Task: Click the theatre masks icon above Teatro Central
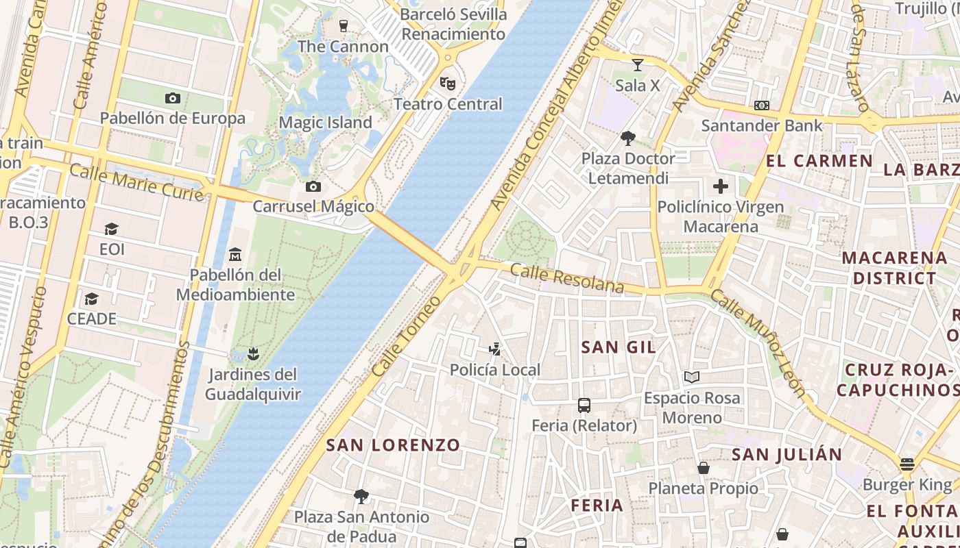pyautogui.click(x=447, y=84)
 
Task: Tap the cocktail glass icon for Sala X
pyautogui.click(x=638, y=65)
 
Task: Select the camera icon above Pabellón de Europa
pyautogui.click(x=173, y=98)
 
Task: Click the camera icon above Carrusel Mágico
pyautogui.click(x=313, y=186)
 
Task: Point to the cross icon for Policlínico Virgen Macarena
pyautogui.click(x=720, y=186)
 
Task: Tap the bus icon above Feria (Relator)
pyautogui.click(x=584, y=406)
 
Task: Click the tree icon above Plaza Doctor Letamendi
pyautogui.click(x=627, y=138)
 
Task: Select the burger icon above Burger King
pyautogui.click(x=907, y=465)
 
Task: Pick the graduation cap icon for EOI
pyautogui.click(x=111, y=229)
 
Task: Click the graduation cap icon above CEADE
pyautogui.click(x=91, y=299)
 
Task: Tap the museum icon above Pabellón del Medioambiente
pyautogui.click(x=235, y=255)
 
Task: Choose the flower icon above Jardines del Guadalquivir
pyautogui.click(x=253, y=354)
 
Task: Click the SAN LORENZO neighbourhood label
pyautogui.click(x=393, y=445)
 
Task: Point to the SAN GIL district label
pyautogui.click(x=619, y=347)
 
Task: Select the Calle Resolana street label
pyautogui.click(x=567, y=278)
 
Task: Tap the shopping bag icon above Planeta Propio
pyautogui.click(x=704, y=468)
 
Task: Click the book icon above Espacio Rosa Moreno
pyautogui.click(x=692, y=377)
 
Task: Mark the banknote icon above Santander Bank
pyautogui.click(x=761, y=105)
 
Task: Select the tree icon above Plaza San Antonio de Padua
pyautogui.click(x=361, y=496)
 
